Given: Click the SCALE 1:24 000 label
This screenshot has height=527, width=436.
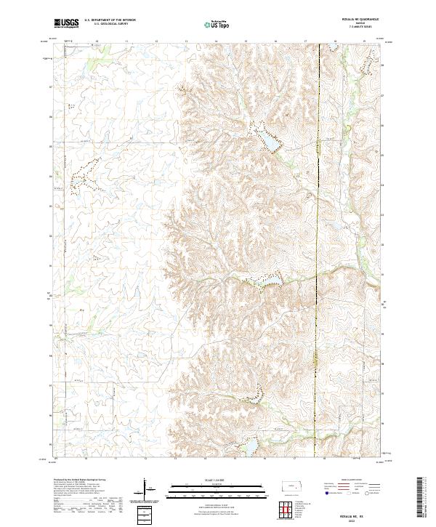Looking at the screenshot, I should (207, 480).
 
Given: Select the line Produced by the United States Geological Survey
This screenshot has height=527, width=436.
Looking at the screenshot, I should (77, 480).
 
